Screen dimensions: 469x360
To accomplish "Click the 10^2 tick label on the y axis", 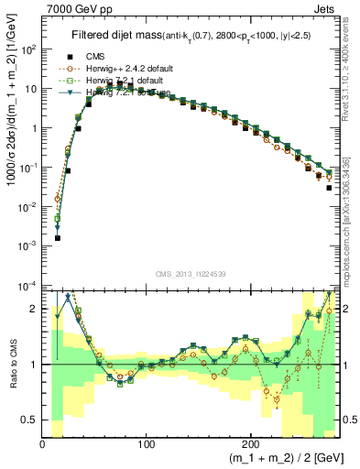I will [29, 49].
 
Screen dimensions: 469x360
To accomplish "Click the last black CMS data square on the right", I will [329, 188].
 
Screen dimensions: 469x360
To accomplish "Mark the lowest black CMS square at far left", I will [57, 237].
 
